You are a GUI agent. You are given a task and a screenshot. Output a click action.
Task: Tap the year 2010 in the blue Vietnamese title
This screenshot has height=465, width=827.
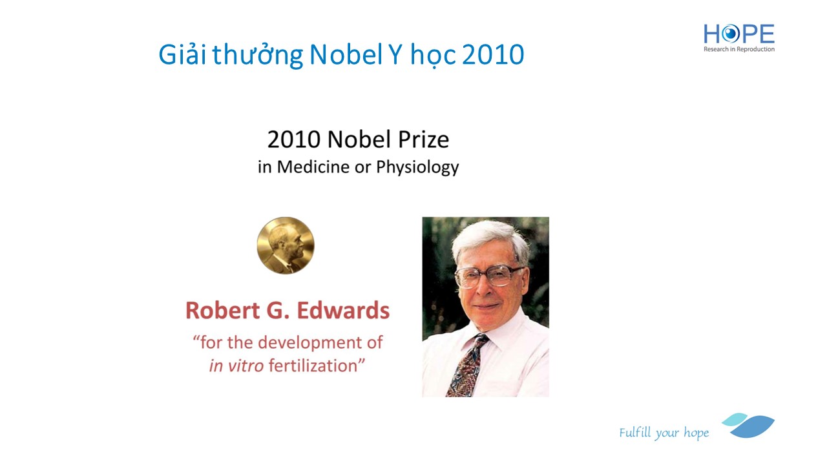[x=493, y=55]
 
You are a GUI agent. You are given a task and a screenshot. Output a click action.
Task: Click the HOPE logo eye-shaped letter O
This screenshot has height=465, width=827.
[x=730, y=34]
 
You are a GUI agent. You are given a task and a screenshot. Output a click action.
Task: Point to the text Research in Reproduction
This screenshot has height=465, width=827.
[x=738, y=49]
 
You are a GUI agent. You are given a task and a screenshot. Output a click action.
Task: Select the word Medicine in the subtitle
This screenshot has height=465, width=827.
[x=313, y=167]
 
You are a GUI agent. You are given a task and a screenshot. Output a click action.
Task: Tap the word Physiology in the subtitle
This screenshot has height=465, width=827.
[x=417, y=167]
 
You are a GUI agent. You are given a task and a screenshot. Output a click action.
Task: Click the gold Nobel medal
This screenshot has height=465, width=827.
[x=286, y=245]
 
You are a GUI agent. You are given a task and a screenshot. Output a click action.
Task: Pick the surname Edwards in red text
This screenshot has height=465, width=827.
[x=343, y=311]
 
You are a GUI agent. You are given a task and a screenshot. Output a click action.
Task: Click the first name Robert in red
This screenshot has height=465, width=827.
[x=223, y=311]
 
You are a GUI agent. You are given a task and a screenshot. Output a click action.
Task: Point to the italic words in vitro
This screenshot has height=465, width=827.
[x=236, y=366]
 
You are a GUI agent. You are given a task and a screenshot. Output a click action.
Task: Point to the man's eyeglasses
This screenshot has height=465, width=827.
[x=489, y=276]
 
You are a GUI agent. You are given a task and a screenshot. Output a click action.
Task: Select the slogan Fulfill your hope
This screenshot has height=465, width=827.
[x=664, y=433]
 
